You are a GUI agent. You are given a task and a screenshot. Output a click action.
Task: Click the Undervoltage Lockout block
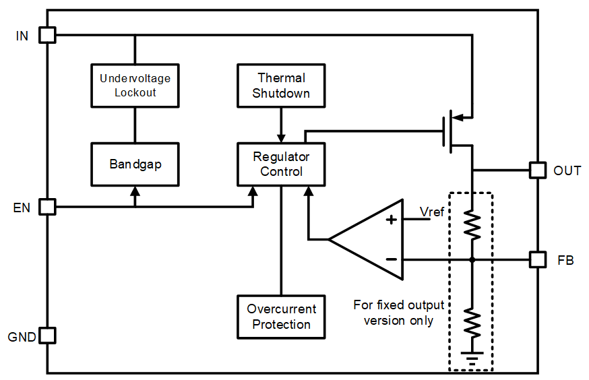pyautogui.click(x=135, y=85)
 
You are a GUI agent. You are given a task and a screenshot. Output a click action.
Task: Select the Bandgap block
pyautogui.click(x=135, y=164)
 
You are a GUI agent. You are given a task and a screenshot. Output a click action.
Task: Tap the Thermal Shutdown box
pyautogui.click(x=281, y=86)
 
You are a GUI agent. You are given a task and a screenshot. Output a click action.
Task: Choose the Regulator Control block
pyautogui.click(x=281, y=164)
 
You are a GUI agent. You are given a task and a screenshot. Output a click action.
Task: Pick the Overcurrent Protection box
pyautogui.click(x=281, y=317)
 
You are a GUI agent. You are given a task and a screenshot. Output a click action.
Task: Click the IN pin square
pyautogui.click(x=47, y=35)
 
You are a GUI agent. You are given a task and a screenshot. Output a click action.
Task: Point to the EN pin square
pyautogui.click(x=47, y=206)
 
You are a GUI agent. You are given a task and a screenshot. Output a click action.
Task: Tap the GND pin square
pyautogui.click(x=47, y=335)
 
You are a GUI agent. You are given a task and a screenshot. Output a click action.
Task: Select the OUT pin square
pyautogui.click(x=537, y=170)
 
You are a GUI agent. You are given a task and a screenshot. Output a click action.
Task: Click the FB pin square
pyautogui.click(x=537, y=259)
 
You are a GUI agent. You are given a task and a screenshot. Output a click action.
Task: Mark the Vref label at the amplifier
pyautogui.click(x=432, y=213)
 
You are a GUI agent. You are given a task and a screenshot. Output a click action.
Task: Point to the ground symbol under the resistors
pyautogui.click(x=473, y=358)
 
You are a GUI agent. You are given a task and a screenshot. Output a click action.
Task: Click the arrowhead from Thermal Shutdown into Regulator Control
pyautogui.click(x=281, y=137)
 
